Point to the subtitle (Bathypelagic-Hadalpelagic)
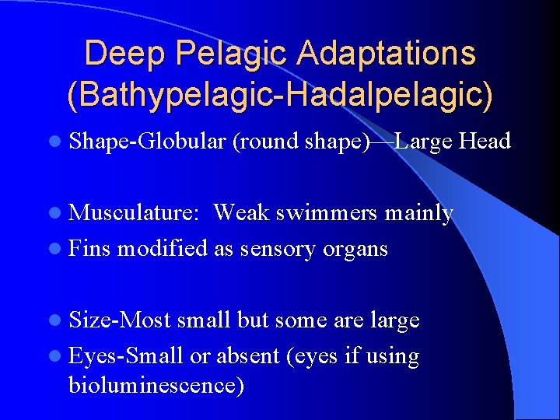[x=280, y=95]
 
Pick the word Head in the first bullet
[x=485, y=142]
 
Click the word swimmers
[x=334, y=213]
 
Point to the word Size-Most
[x=120, y=320]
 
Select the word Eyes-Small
[x=126, y=356]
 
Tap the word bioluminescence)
[x=156, y=386]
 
